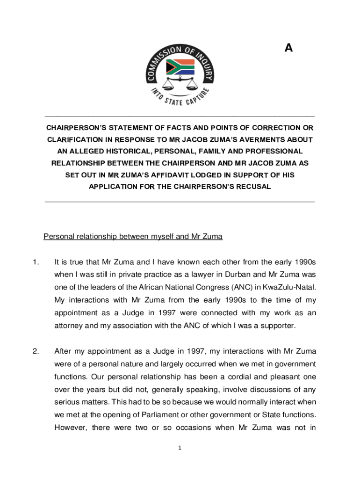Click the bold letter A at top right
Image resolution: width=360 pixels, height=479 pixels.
click(288, 47)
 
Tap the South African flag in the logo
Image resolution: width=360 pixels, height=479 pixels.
click(180, 67)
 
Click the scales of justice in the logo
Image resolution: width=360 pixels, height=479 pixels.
click(179, 84)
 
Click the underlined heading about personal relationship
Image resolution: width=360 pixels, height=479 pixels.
click(133, 237)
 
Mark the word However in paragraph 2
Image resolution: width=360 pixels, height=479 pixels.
click(70, 427)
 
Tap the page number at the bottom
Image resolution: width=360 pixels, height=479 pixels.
click(180, 448)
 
